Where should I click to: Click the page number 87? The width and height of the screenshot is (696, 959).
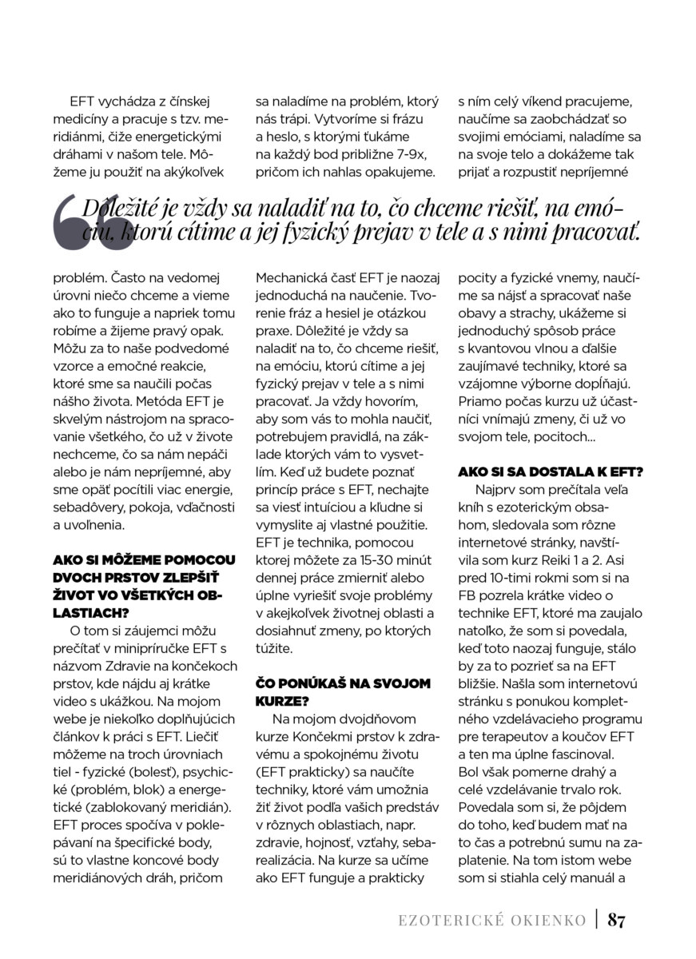pos(616,920)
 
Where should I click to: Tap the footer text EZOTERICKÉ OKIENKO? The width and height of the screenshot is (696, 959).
pos(492,921)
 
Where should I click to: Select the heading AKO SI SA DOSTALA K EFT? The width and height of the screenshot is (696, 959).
pos(551,472)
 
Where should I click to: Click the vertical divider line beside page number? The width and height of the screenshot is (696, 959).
pos(597,920)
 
